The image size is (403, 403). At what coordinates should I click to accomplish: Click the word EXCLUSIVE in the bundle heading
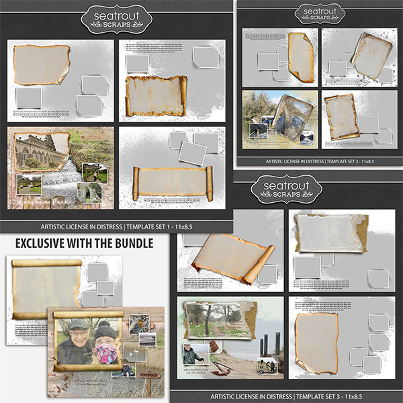tap(42, 242)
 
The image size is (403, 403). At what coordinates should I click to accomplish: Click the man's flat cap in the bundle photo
tap(79, 324)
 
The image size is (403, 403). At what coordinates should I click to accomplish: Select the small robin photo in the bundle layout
tap(138, 324)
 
